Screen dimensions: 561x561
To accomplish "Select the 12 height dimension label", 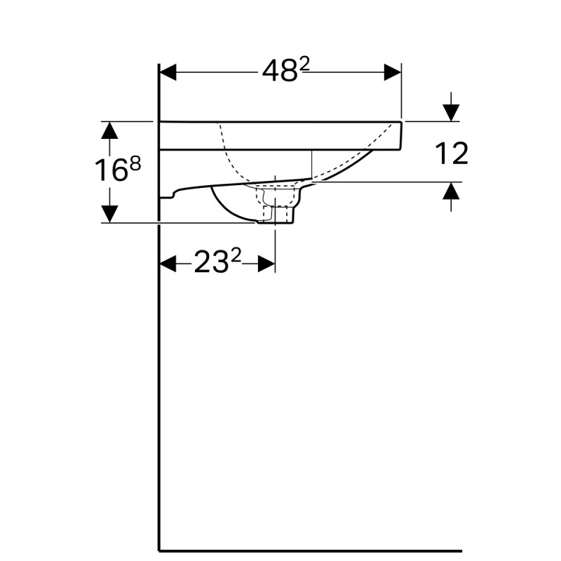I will coord(452,154).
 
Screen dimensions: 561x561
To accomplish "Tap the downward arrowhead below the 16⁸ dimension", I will coord(109,213).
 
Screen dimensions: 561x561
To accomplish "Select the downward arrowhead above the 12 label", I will coord(451,111).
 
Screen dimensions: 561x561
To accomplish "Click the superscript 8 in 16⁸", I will coord(135,163).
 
